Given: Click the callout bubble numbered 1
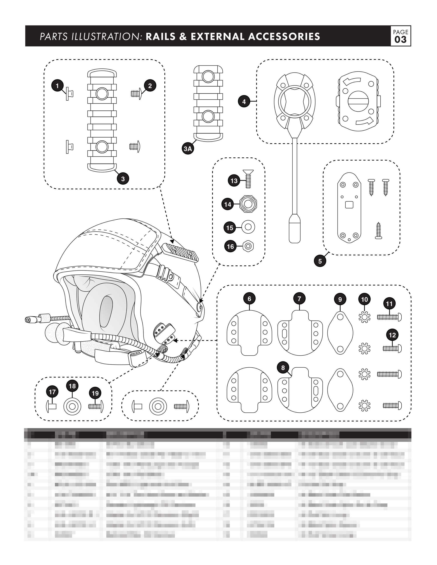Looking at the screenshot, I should [57, 85].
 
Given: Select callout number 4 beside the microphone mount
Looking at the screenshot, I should [244, 102].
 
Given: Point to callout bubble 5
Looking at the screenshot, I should [320, 261].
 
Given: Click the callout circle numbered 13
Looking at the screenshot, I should [234, 181].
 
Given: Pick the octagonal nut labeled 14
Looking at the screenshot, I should [248, 204].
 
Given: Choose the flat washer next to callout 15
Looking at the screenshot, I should [248, 227].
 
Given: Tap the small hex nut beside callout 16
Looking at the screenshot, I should [248, 246].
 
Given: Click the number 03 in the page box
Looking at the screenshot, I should [401, 40].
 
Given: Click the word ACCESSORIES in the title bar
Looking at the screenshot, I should [284, 36].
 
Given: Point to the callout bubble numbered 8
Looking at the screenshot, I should [283, 368].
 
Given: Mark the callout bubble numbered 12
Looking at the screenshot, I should [392, 335].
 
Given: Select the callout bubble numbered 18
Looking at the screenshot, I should [72, 386].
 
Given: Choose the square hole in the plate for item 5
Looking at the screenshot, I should [349, 205].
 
